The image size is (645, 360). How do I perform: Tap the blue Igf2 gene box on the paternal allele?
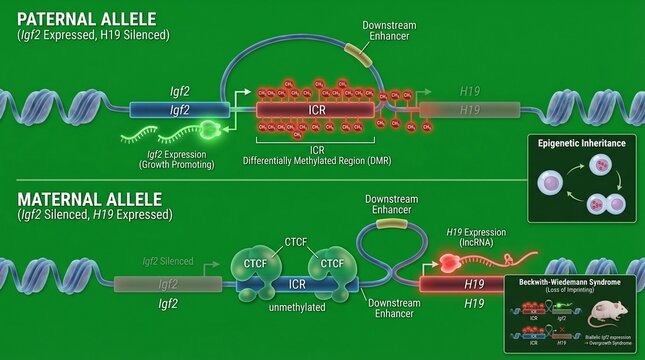[x=180, y=111]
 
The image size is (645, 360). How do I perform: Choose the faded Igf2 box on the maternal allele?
[x=167, y=285]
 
